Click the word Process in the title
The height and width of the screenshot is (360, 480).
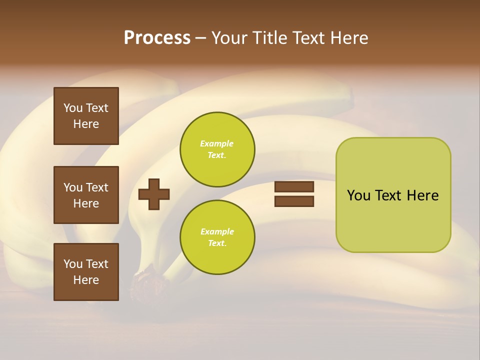157,38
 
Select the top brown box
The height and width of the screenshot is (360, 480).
86,116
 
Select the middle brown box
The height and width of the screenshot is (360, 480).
86,195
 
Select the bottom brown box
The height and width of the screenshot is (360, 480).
86,271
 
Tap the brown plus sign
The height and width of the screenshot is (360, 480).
154,194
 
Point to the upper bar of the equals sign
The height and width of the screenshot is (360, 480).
294,186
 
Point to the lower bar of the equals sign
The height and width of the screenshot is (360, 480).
294,201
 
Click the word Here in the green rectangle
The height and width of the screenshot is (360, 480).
422,195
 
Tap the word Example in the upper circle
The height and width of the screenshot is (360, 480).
216,143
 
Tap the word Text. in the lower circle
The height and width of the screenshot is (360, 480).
217,243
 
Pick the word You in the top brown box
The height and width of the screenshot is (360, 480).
73,108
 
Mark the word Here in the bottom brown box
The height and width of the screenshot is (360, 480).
86,280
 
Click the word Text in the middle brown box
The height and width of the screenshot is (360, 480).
97,187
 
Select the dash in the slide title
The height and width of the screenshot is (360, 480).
200,38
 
